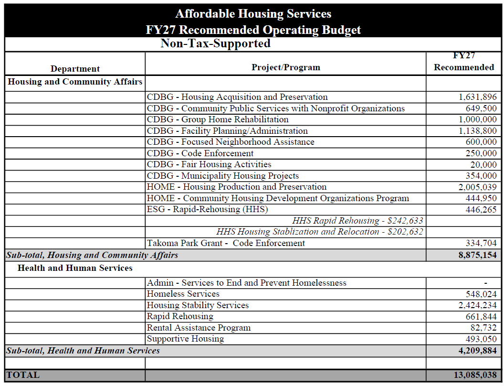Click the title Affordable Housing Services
click(x=253, y=13)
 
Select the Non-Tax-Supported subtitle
click(x=215, y=43)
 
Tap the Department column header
click(x=75, y=69)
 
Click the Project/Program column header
click(x=285, y=67)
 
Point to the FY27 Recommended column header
click(x=463, y=62)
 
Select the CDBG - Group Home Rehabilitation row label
click(x=218, y=119)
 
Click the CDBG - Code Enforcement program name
click(x=200, y=153)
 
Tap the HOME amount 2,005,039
click(x=477, y=187)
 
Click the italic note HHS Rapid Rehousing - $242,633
click(x=357, y=221)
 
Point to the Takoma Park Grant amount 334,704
click(x=481, y=243)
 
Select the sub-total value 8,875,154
click(x=477, y=255)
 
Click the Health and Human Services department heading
click(x=75, y=268)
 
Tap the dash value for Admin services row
click(x=485, y=283)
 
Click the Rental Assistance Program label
click(x=199, y=328)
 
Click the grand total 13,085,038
click(x=475, y=375)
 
